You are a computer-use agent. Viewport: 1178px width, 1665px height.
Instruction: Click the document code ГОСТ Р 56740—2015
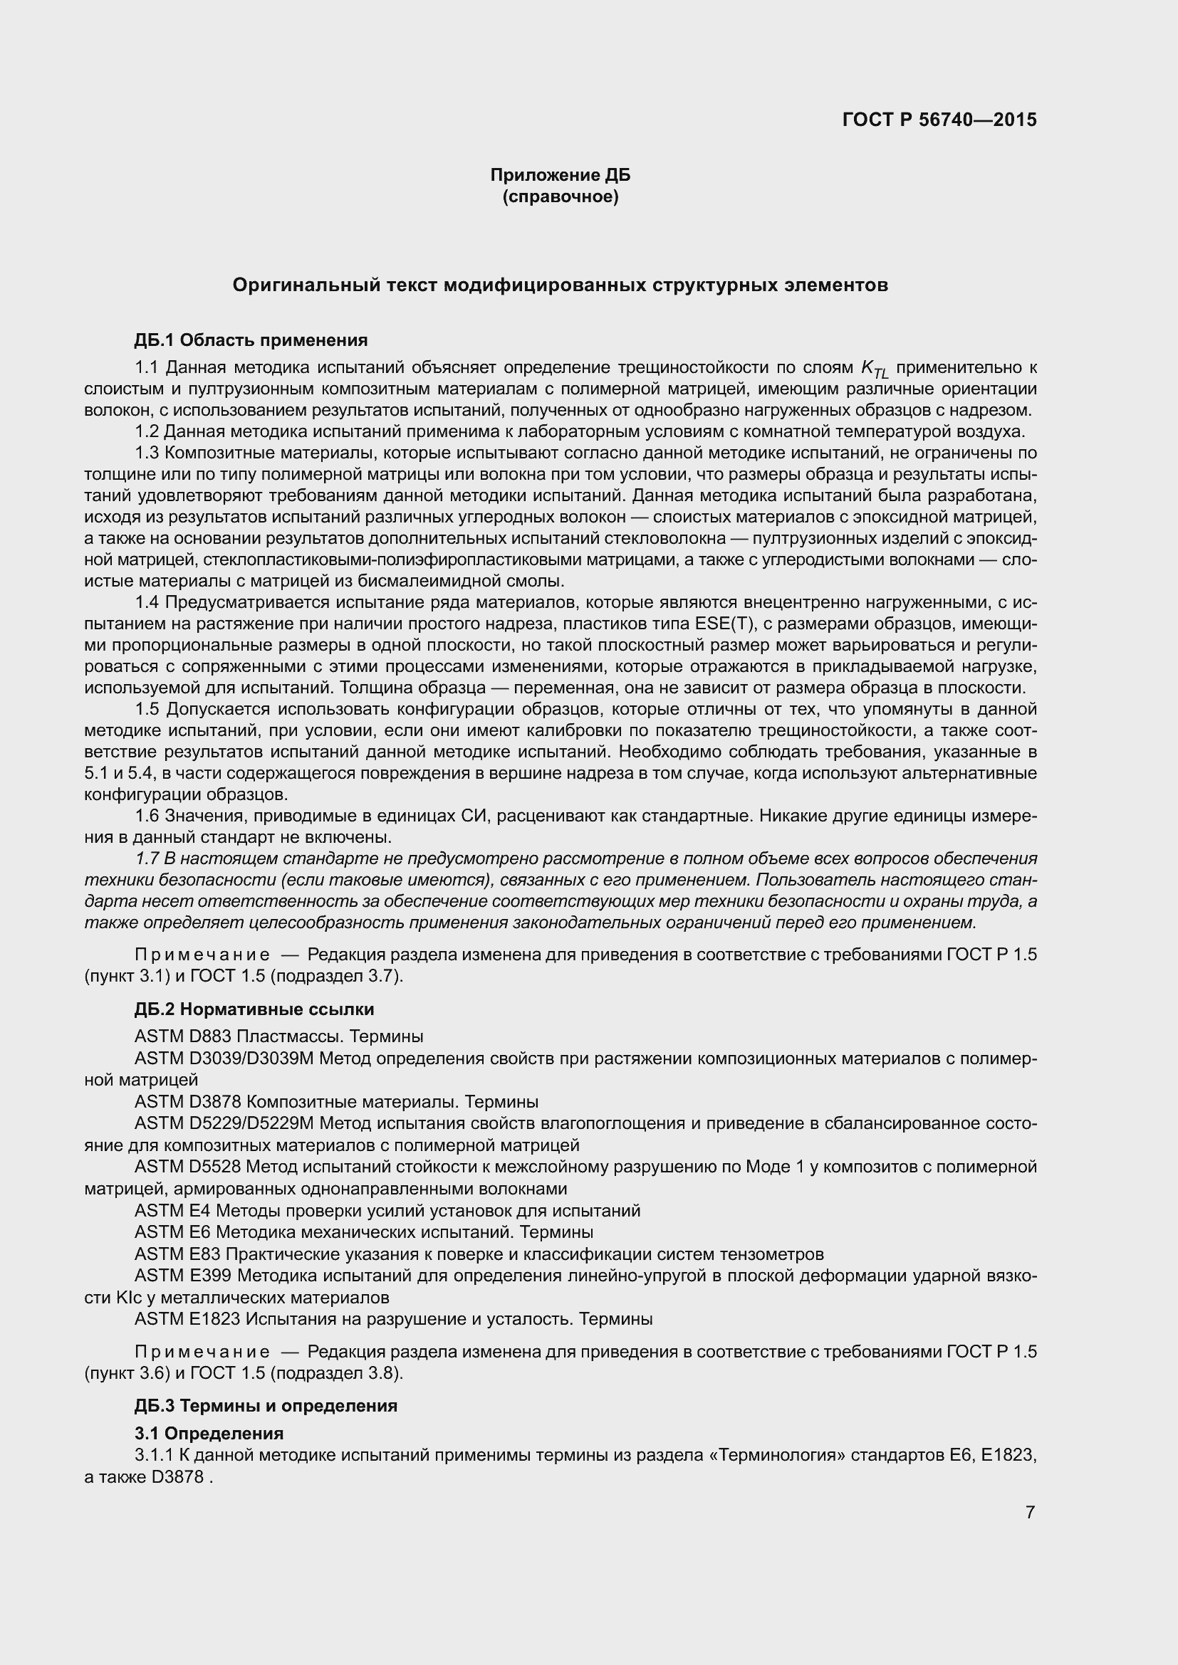click(x=939, y=120)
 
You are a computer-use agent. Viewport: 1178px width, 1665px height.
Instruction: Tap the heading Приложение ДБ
click(x=560, y=175)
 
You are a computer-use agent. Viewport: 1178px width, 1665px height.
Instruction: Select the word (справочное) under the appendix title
click(x=560, y=197)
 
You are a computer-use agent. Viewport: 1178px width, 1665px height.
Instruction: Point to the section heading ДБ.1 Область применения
click(x=251, y=340)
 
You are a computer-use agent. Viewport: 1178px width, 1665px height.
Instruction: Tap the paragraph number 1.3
click(x=147, y=453)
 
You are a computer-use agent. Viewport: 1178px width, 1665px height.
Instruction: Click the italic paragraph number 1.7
click(x=147, y=858)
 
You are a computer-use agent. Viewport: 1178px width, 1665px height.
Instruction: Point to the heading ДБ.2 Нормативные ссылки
click(x=254, y=1009)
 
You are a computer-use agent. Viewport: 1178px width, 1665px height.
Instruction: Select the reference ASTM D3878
click(x=188, y=1102)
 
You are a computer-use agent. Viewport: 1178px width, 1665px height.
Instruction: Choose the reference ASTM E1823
click(x=187, y=1319)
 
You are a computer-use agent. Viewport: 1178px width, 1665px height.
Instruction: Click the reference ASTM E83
click(x=178, y=1254)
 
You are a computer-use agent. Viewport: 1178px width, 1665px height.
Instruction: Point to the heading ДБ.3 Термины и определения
click(x=266, y=1406)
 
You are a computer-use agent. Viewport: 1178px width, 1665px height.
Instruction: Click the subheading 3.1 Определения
click(x=209, y=1434)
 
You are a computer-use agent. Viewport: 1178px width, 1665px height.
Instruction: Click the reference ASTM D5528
click(x=188, y=1167)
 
